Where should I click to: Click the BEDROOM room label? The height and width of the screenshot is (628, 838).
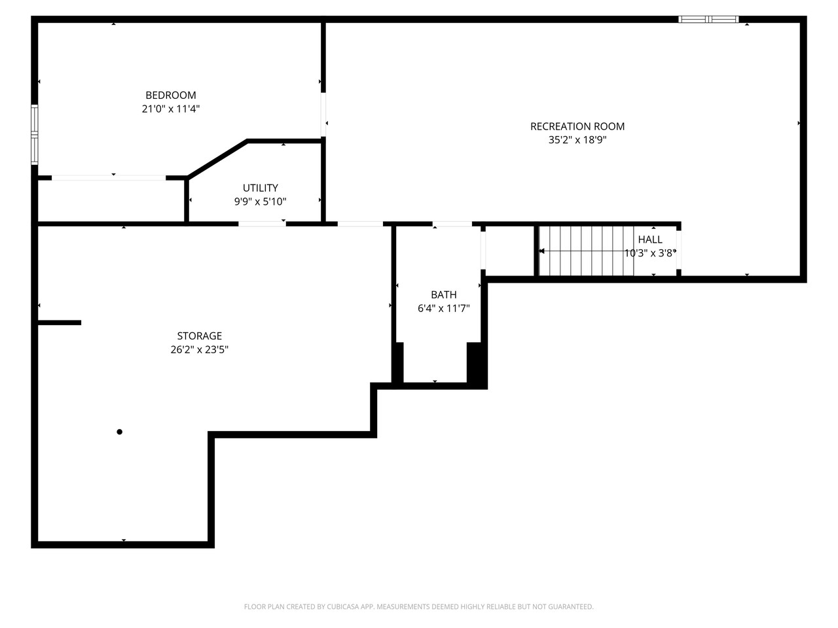[170, 96]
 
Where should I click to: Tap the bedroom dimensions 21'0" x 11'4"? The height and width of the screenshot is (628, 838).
[170, 109]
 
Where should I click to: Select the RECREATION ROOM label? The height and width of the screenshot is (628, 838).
[577, 126]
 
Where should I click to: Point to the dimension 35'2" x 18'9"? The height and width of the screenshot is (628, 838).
[577, 140]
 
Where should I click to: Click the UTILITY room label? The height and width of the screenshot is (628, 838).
[260, 188]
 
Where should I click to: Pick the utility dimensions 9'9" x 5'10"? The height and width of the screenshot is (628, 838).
[260, 201]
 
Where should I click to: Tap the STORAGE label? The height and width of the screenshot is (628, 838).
[199, 336]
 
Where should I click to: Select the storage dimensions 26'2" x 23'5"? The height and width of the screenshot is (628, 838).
[199, 350]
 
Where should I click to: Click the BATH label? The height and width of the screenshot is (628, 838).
[443, 295]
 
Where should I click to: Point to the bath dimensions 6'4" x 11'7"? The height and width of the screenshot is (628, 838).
[443, 308]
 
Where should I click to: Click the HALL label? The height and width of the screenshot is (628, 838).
[649, 239]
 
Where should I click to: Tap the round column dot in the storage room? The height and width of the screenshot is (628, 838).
[119, 432]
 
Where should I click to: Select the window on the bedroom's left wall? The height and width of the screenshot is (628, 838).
[35, 133]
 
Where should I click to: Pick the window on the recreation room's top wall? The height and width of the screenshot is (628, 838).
[708, 20]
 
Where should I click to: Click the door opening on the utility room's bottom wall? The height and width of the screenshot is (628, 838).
[262, 224]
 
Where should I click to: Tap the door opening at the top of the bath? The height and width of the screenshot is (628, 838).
[452, 224]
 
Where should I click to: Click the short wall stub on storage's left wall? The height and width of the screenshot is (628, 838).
[59, 323]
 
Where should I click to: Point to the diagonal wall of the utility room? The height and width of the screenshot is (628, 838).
[217, 158]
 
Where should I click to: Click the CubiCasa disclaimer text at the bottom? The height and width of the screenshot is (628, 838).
[418, 607]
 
